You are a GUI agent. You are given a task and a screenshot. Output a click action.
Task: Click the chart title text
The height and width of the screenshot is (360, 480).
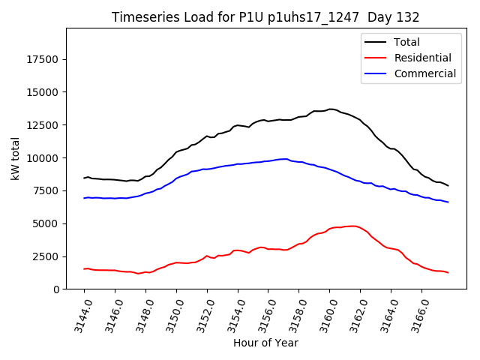point(265,17)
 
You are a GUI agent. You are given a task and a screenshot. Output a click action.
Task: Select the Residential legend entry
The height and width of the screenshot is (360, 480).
point(422,58)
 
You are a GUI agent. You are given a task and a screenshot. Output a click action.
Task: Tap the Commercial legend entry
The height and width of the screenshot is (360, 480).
point(424,73)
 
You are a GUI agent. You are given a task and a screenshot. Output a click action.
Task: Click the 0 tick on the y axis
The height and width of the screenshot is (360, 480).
point(56,289)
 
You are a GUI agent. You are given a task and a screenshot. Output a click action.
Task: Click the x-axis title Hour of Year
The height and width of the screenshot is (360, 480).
point(265,343)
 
